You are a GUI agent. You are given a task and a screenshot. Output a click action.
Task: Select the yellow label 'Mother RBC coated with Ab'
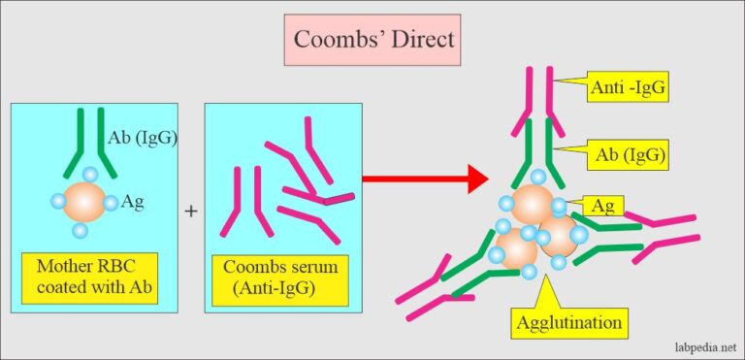(96, 278)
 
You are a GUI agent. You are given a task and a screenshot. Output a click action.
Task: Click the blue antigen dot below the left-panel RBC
(81, 231)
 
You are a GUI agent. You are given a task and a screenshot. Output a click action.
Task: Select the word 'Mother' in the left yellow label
(64, 268)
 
